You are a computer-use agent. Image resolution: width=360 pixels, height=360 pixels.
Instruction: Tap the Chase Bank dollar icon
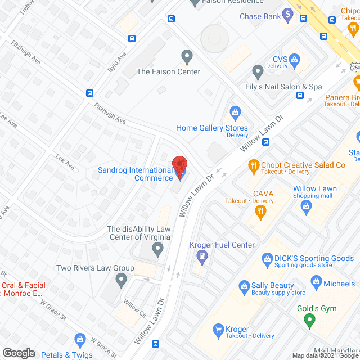click(x=288, y=16)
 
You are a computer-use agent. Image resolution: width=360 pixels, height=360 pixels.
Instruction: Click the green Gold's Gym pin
click(x=308, y=321)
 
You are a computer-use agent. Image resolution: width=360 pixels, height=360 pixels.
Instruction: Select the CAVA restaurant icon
click(x=260, y=211)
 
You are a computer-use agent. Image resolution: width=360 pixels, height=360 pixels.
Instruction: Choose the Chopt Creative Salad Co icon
click(x=253, y=165)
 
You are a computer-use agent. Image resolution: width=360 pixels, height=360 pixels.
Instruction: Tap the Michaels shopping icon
click(x=316, y=281)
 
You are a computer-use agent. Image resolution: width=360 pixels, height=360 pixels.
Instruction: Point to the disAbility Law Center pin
click(x=158, y=248)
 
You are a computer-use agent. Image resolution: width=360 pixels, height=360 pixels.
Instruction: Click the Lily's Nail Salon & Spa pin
click(x=258, y=72)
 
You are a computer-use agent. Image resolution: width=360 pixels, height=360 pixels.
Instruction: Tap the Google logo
click(x=19, y=353)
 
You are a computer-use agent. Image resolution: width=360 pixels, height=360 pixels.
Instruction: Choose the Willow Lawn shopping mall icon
click(x=305, y=207)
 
